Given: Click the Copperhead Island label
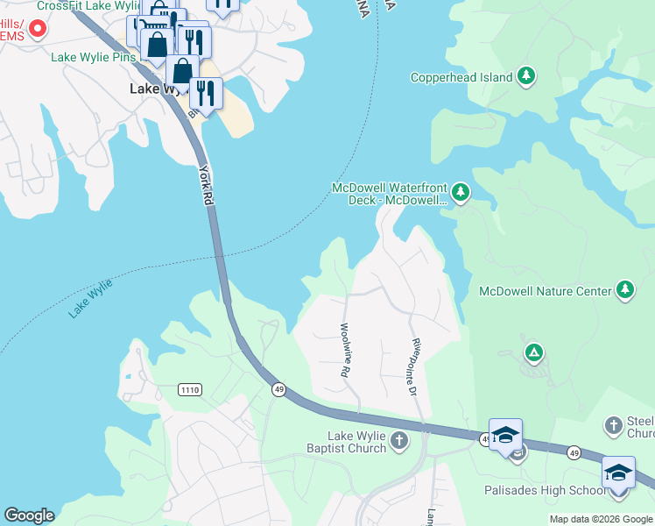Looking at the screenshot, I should pyautogui.click(x=461, y=77).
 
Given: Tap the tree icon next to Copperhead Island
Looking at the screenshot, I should pyautogui.click(x=526, y=76).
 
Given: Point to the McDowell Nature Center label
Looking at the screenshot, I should pyautogui.click(x=545, y=290).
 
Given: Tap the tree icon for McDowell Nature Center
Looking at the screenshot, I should pyautogui.click(x=624, y=289).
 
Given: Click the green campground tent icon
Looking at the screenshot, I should pyautogui.click(x=533, y=353).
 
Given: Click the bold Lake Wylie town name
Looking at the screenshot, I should pyautogui.click(x=158, y=89).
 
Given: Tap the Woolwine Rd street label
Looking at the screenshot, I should pyautogui.click(x=343, y=351).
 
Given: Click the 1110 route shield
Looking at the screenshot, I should pyautogui.click(x=189, y=389).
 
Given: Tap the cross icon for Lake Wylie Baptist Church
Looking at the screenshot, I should pyautogui.click(x=400, y=440).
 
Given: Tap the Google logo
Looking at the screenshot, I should pyautogui.click(x=29, y=515).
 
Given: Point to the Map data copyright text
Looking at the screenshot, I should pyautogui.click(x=600, y=519).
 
